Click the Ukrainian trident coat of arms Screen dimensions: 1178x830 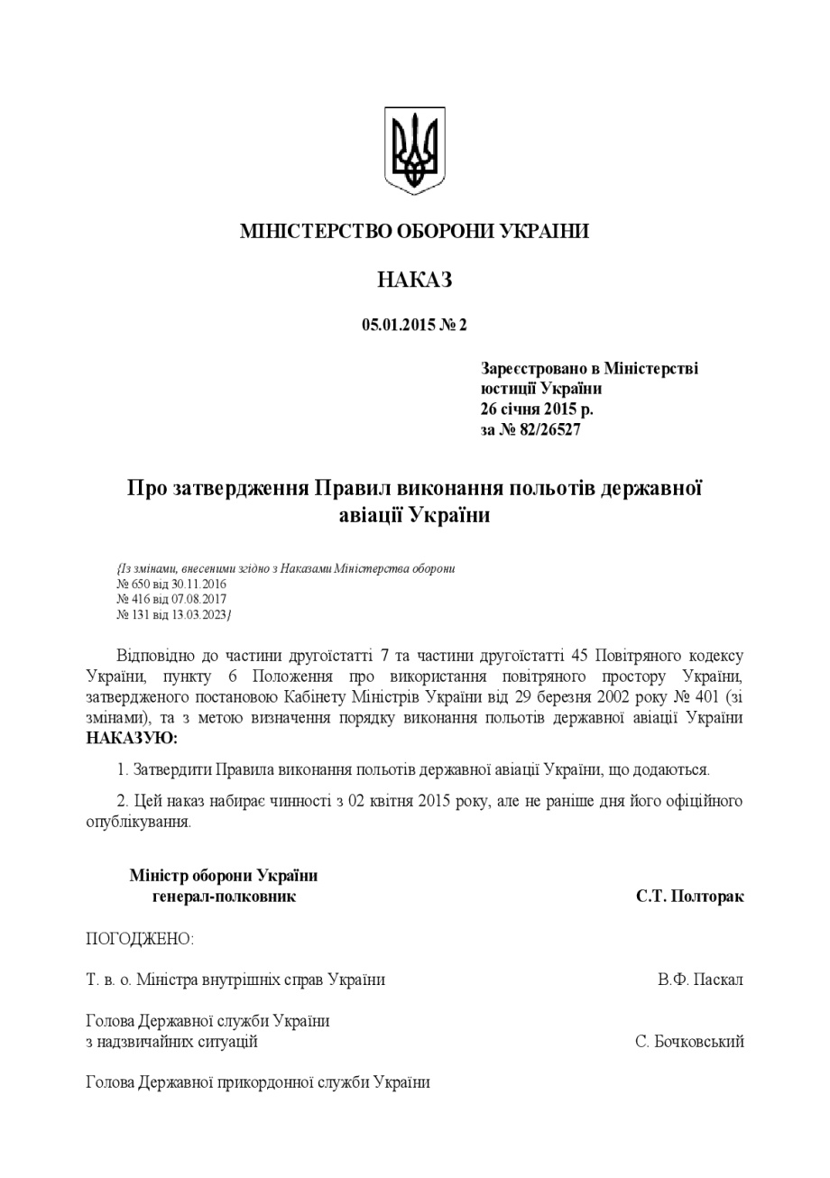pos(414,151)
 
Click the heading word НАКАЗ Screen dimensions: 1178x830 pos(414,280)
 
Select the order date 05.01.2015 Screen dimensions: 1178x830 pos(399,326)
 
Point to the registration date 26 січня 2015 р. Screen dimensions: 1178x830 pos(537,409)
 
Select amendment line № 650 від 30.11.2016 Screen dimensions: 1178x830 pos(171,584)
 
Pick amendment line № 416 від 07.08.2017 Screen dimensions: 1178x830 pos(171,599)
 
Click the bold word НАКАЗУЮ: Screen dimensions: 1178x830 pos(132,738)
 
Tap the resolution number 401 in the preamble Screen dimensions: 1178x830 pos(710,697)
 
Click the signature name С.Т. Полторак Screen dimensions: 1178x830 pos(689,897)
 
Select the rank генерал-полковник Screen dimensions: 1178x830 pos(224,897)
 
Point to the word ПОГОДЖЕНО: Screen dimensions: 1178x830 pos(140,939)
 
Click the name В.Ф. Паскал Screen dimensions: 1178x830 pos(700,980)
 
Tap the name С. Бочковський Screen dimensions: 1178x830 pos(689,1043)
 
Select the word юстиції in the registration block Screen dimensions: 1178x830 pos(508,389)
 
